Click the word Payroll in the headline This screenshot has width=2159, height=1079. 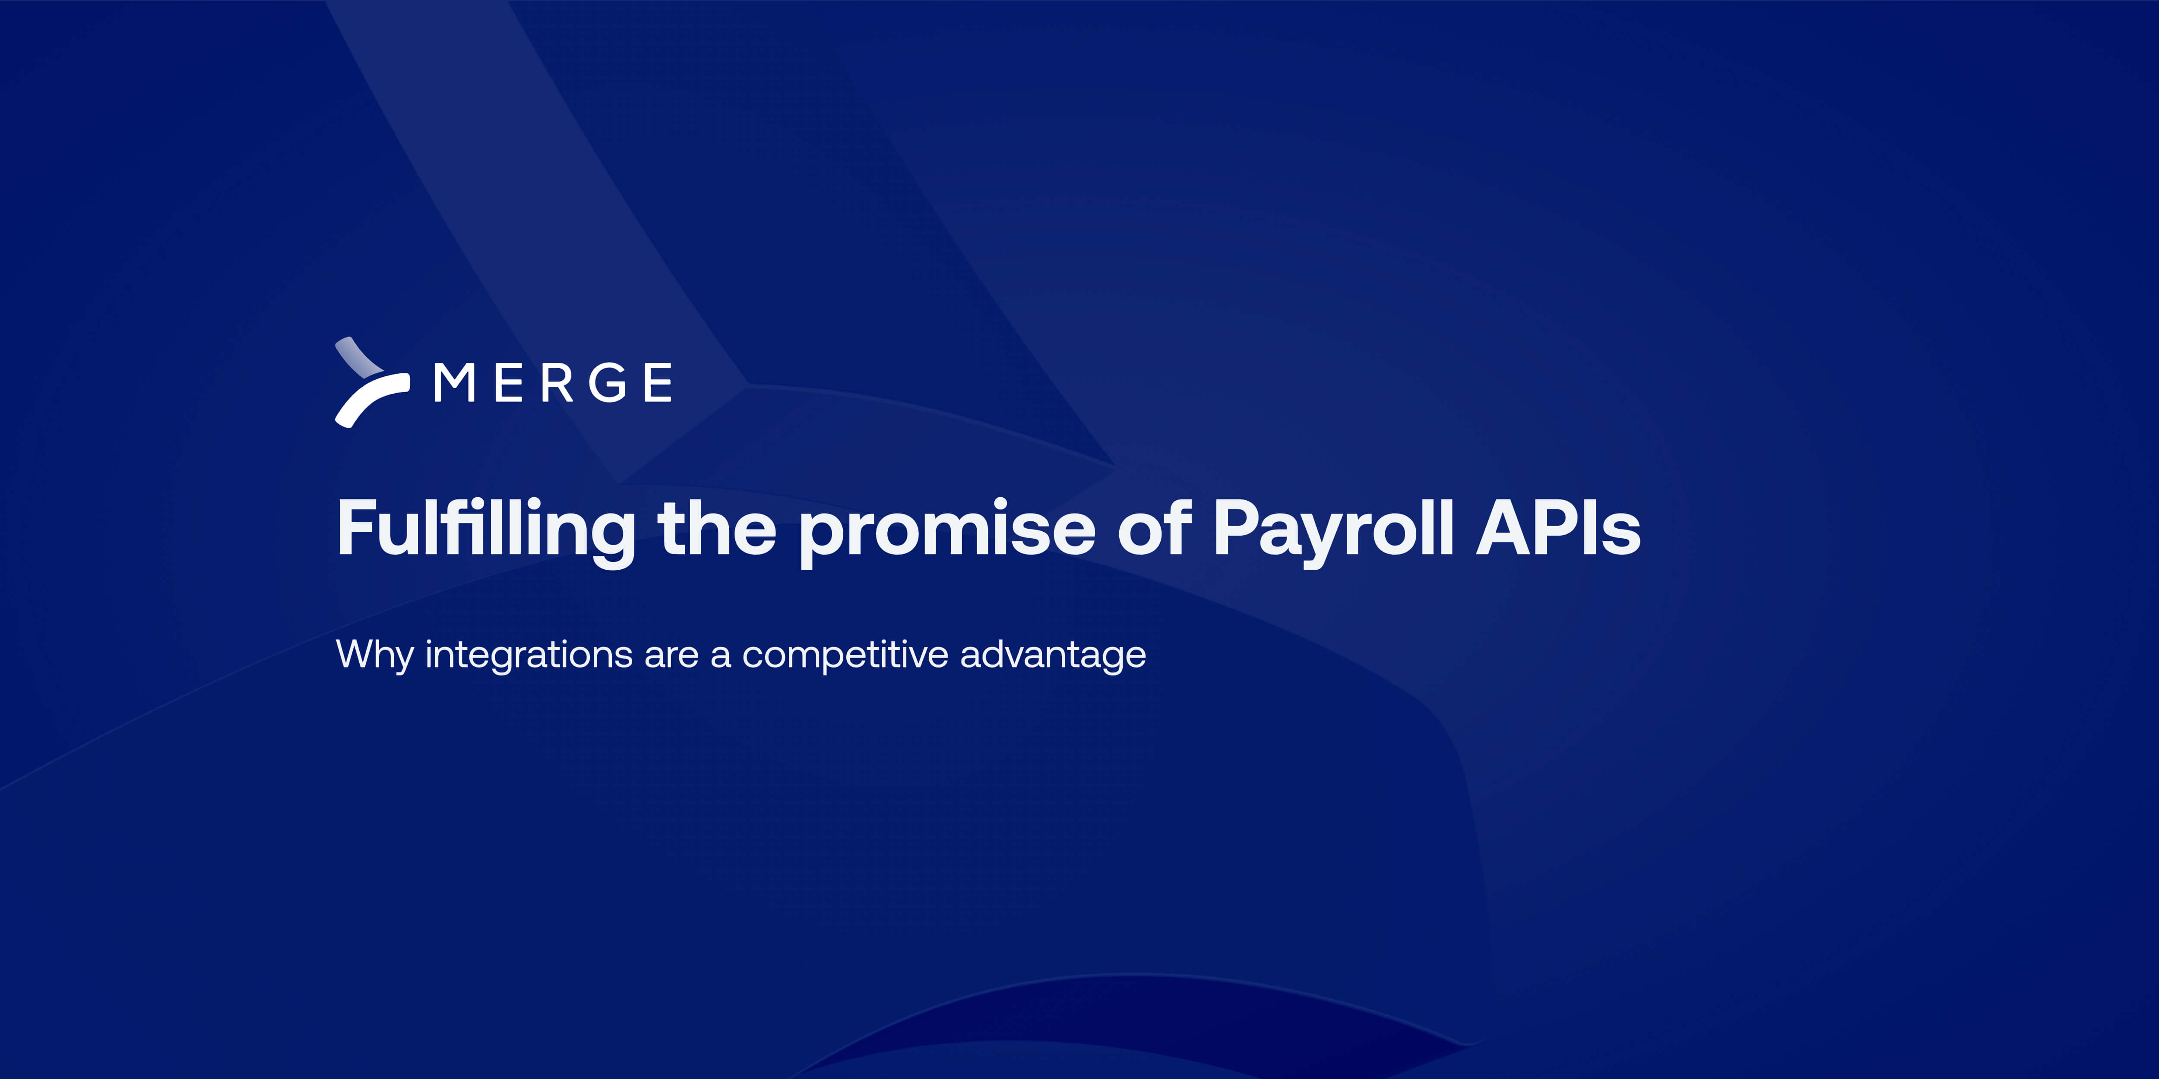(1333, 530)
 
